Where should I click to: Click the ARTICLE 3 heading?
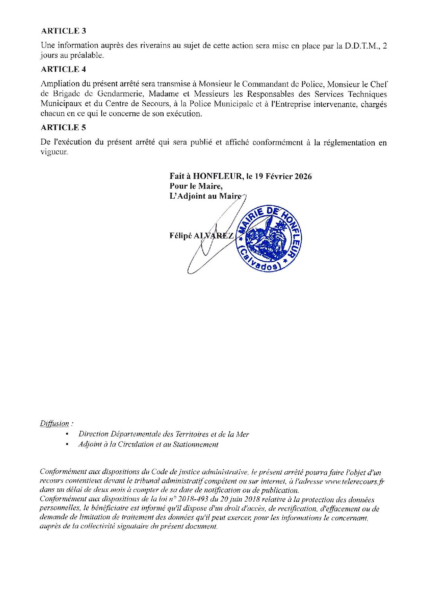(x=63, y=31)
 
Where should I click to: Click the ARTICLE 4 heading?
(x=63, y=69)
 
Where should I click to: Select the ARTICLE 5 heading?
(x=63, y=128)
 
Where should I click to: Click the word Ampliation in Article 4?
(x=59, y=84)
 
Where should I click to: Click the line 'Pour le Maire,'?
(x=196, y=186)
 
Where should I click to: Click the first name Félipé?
(x=180, y=236)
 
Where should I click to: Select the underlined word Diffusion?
(x=54, y=424)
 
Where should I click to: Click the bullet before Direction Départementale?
(x=67, y=434)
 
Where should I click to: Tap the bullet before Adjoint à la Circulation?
(x=67, y=445)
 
